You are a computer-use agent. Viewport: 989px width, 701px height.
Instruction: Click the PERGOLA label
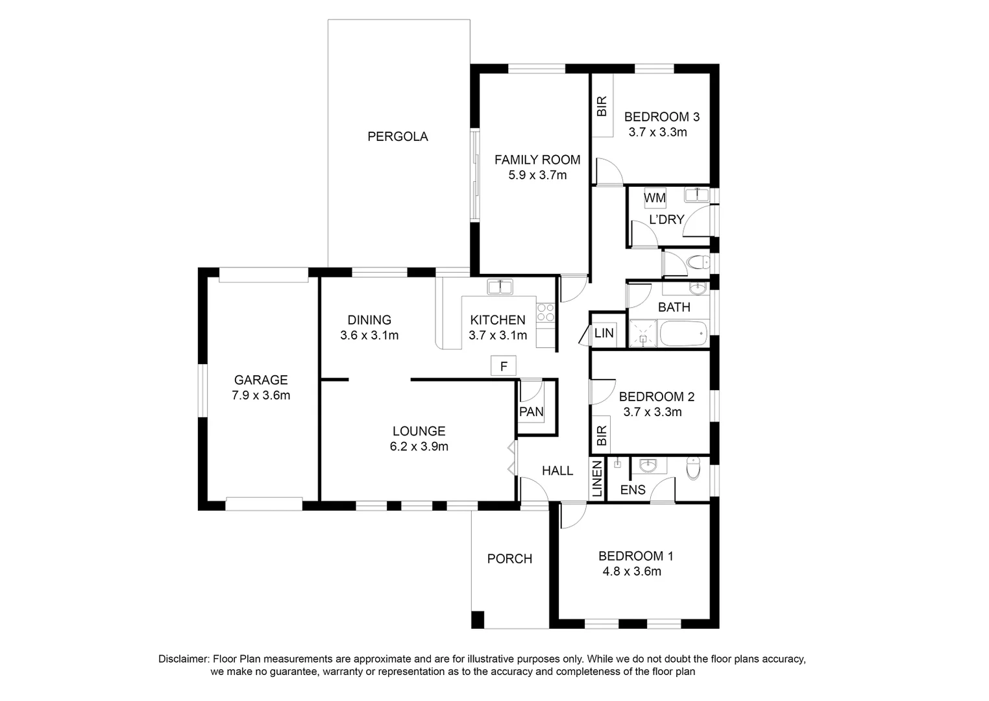[397, 136]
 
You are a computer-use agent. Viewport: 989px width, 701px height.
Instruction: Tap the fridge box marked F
[503, 366]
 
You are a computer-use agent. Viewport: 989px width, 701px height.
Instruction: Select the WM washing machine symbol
[654, 198]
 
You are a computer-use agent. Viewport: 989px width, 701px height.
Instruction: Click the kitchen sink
[500, 286]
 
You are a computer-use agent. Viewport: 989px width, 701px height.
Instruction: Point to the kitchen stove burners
[545, 313]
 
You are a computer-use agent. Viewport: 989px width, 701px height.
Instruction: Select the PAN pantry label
[531, 412]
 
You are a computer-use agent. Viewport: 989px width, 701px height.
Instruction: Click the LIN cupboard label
[604, 333]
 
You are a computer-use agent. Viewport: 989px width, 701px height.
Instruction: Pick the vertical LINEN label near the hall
[597, 480]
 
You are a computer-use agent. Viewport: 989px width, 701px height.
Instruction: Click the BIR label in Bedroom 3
[602, 106]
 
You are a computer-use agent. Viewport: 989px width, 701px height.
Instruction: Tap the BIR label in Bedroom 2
[602, 435]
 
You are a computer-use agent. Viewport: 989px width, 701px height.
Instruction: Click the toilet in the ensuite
[694, 468]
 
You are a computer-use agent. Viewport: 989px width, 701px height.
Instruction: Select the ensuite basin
[648, 465]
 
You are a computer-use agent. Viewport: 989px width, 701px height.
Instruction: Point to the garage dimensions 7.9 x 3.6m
[261, 395]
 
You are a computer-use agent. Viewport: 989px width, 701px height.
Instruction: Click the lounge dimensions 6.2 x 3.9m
[419, 447]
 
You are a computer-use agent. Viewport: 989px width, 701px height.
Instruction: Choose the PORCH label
[509, 558]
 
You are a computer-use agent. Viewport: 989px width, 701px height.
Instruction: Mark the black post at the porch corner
[478, 619]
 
